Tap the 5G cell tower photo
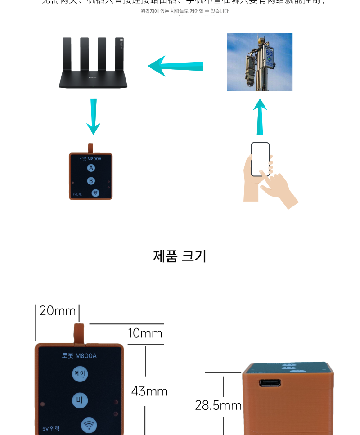(260, 62)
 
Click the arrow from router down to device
(93, 117)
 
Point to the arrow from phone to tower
(260, 117)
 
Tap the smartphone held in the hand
(260, 159)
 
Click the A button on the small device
(91, 168)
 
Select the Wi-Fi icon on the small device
(95, 193)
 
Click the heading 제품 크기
(180, 256)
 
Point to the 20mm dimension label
(57, 311)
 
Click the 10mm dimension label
(145, 333)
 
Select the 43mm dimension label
(149, 391)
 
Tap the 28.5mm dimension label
(218, 405)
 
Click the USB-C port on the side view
(270, 383)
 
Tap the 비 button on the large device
(80, 400)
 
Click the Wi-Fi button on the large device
(89, 425)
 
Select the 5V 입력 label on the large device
(51, 429)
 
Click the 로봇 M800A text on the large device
(79, 356)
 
